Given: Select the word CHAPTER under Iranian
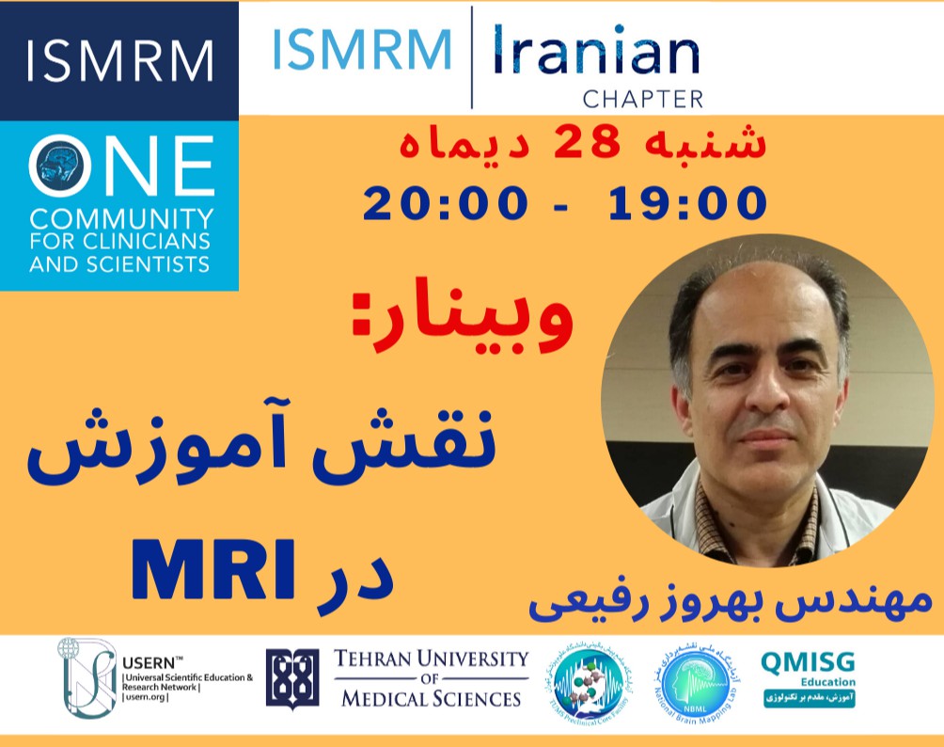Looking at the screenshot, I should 643,98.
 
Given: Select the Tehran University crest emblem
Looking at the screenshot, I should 291,678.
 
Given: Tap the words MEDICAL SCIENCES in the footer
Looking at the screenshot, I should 431,698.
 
